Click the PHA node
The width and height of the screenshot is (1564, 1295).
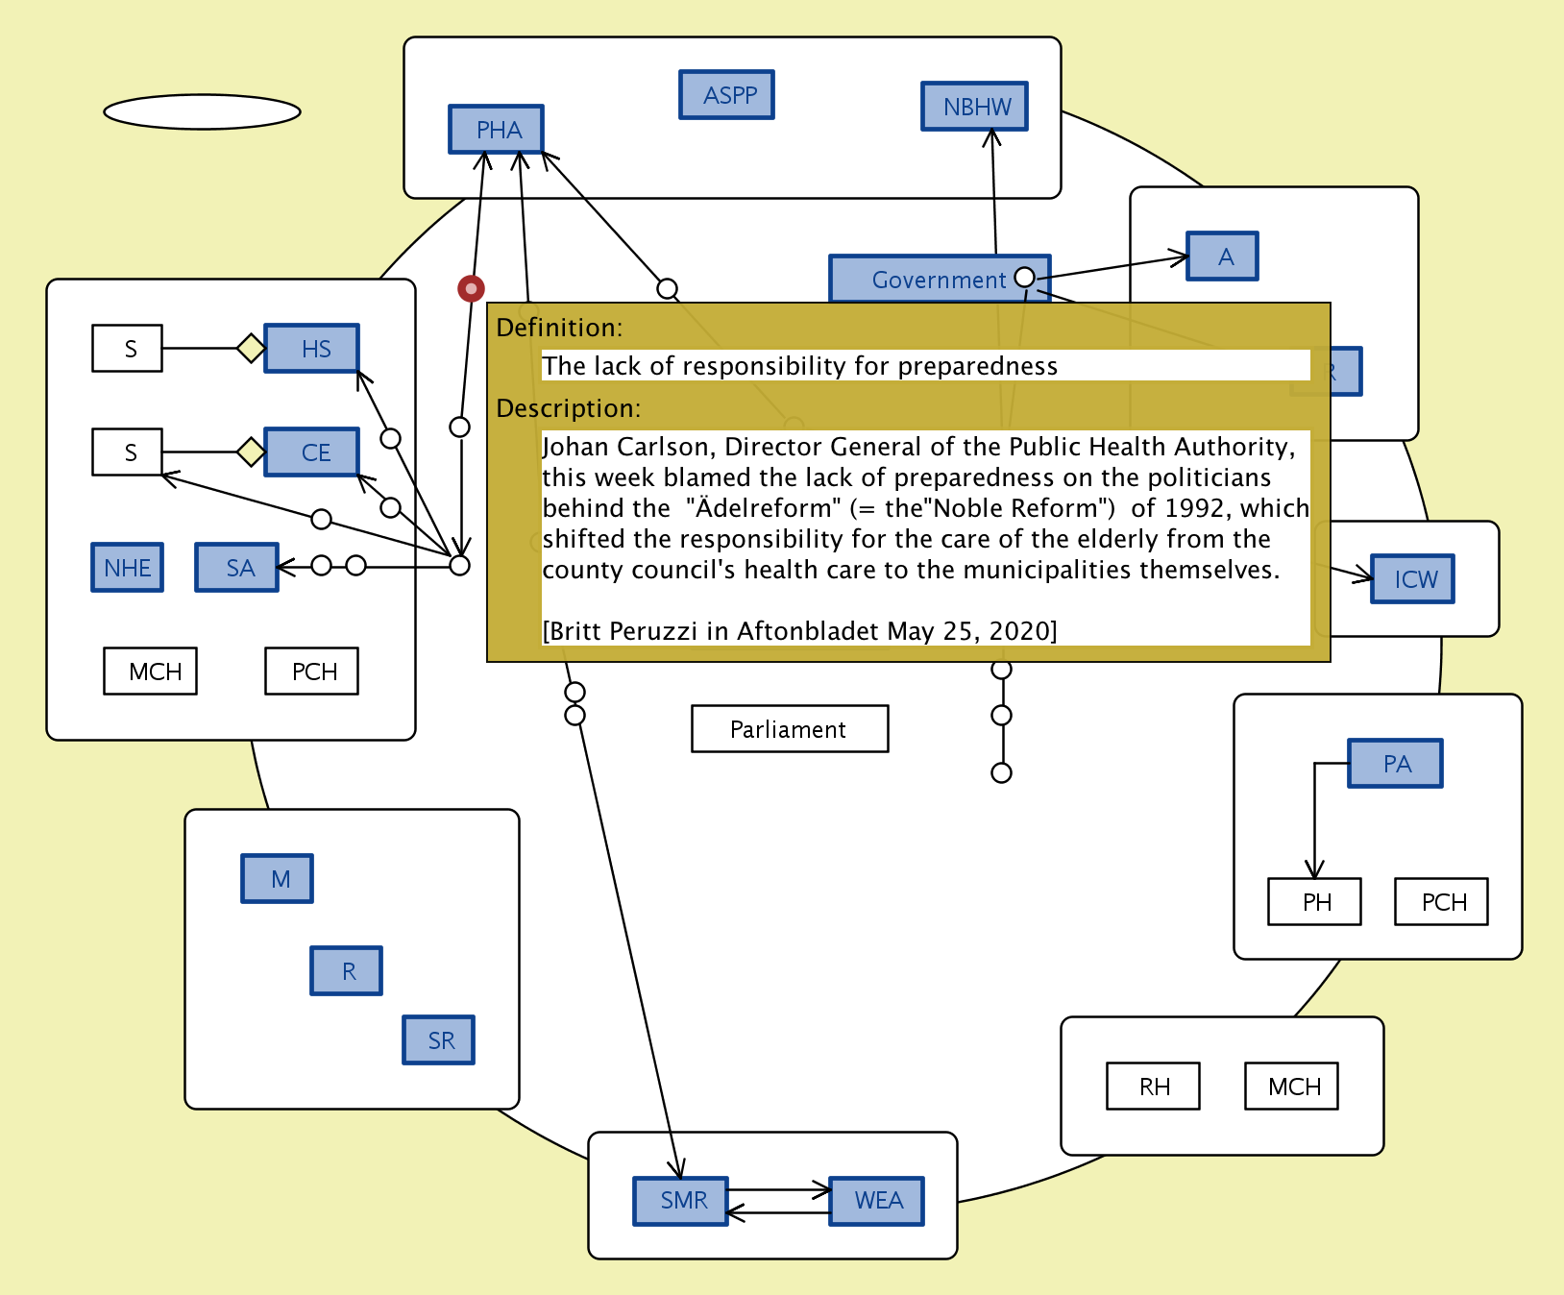(x=497, y=130)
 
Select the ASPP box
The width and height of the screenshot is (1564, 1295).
(x=727, y=95)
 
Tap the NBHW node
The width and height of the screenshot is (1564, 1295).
(x=975, y=107)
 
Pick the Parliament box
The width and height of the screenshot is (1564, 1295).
(x=790, y=729)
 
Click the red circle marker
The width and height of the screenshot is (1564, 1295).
(x=471, y=288)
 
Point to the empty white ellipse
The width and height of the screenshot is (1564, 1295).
(x=202, y=111)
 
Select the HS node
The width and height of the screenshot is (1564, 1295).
(x=312, y=349)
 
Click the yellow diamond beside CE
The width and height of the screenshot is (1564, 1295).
(x=251, y=452)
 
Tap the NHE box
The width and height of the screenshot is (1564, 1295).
(x=128, y=568)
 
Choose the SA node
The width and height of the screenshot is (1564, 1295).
(x=237, y=568)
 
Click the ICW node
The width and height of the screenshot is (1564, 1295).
(x=1413, y=579)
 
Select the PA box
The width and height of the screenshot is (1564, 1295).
(x=1396, y=764)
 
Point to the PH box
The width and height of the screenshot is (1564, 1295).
(x=1315, y=902)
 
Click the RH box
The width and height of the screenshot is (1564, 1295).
(x=1154, y=1087)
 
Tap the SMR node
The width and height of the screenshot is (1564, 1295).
(x=681, y=1201)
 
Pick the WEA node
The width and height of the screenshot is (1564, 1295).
(x=877, y=1201)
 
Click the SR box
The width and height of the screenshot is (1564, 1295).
(x=439, y=1040)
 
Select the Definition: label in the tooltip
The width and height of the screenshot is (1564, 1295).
(x=559, y=328)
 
